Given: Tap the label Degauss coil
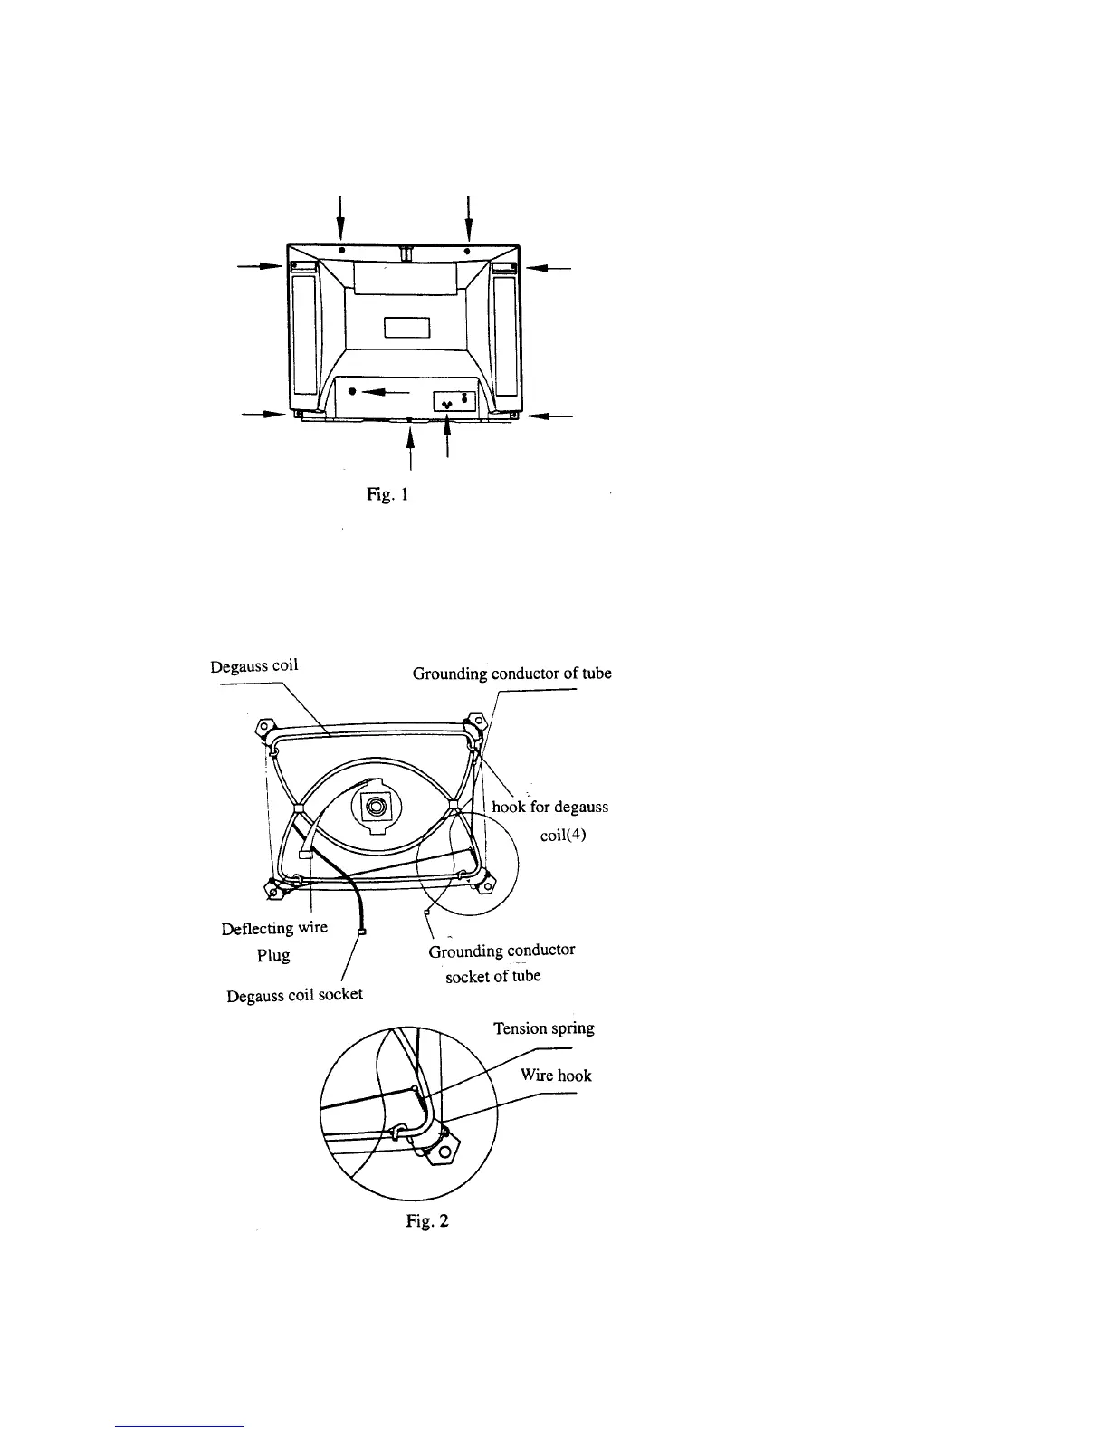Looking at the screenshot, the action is coord(254,666).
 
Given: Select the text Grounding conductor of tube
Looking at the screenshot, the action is coord(512,674).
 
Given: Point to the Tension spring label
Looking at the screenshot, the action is coord(543,1028).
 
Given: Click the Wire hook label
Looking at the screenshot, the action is coord(556,1075).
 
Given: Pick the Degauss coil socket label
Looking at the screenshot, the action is coord(294,994).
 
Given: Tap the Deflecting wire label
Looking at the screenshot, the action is coord(274,928).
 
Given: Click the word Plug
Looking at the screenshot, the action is coord(272,956).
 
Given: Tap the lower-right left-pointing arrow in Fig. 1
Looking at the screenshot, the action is coord(549,416).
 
